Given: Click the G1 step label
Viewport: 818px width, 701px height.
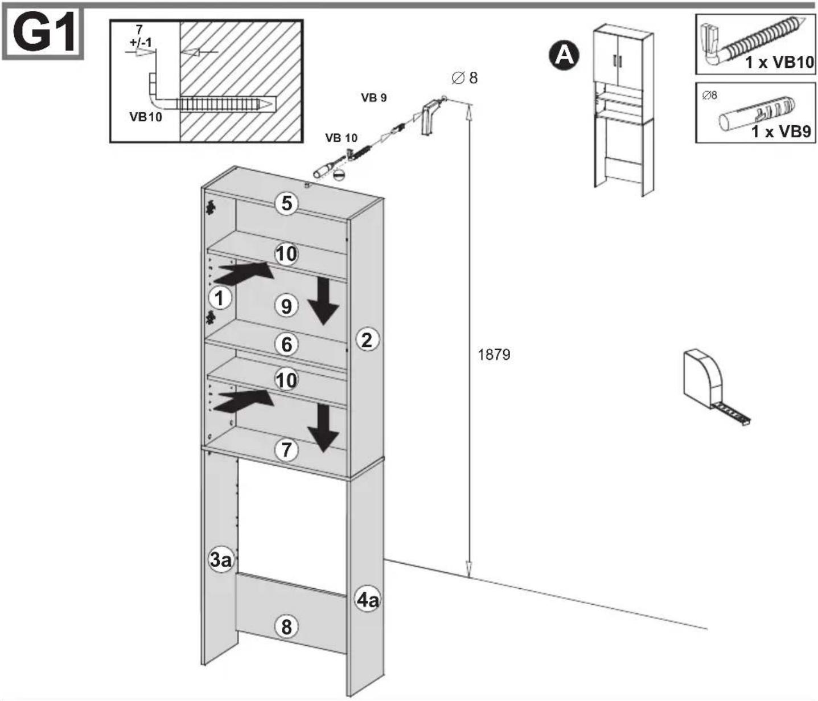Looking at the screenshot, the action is (43, 34).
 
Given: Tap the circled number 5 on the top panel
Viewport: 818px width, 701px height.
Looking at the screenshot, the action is (286, 203).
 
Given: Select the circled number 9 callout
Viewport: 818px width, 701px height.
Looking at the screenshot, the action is (286, 306).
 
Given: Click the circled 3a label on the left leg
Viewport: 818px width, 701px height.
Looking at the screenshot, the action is (221, 560).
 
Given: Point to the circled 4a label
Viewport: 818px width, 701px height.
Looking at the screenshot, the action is (367, 600).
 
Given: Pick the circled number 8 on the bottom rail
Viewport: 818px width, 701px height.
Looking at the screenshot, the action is (286, 627).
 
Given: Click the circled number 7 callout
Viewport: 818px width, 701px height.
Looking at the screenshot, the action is (286, 449).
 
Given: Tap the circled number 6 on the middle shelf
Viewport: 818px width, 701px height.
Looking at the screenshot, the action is (286, 345).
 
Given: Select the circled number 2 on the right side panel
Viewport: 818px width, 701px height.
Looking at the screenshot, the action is (367, 339).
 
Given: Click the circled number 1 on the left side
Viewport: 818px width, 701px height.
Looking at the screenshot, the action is (220, 298).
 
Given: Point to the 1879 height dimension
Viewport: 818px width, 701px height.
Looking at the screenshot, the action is (494, 355).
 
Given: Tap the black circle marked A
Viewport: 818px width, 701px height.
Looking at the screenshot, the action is (564, 56).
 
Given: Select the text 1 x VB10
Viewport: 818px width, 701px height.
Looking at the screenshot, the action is (779, 62).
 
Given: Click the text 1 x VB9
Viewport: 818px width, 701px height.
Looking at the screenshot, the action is (781, 132).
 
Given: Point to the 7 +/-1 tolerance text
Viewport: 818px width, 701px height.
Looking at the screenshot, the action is (140, 36).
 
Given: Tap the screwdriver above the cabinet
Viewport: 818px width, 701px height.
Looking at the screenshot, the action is (328, 166).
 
